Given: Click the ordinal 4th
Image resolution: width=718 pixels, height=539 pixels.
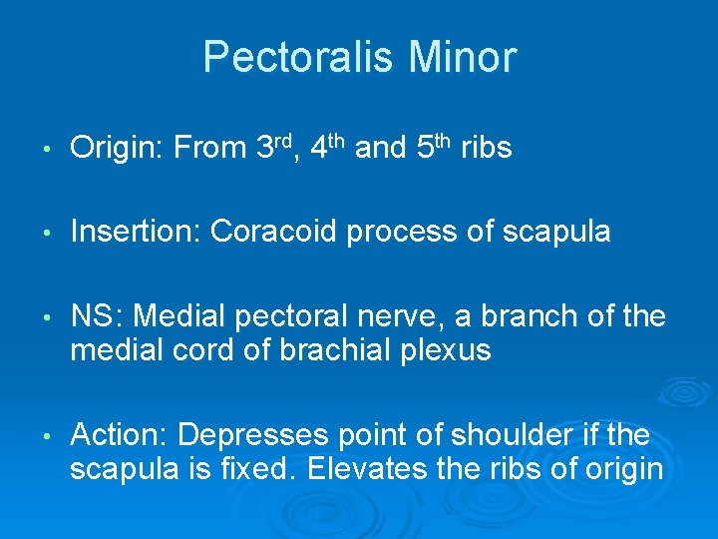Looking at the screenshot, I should pos(328,148).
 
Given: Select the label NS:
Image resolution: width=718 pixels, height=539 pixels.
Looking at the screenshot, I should pos(97,316).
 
